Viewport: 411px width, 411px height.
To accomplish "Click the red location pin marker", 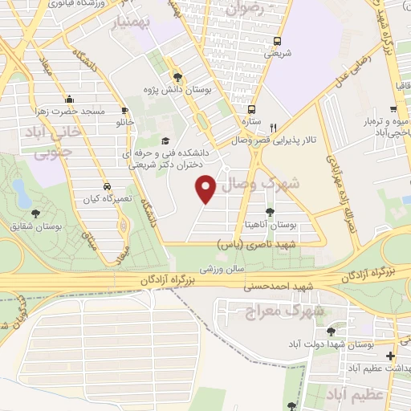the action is click(x=206, y=188).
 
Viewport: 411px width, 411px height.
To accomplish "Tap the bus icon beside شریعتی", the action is click(x=277, y=41).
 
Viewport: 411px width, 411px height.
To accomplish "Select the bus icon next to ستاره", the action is click(x=251, y=109).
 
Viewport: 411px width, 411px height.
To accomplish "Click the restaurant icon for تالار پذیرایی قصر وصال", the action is click(x=273, y=127).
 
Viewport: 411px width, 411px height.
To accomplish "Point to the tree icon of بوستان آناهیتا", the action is click(x=269, y=213).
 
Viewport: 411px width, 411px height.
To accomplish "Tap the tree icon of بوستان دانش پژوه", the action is click(x=177, y=77).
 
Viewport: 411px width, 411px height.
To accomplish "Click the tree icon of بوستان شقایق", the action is click(x=35, y=214).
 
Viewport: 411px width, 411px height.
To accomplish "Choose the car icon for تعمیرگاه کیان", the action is click(x=107, y=185).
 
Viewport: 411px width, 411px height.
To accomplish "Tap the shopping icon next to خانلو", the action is click(x=124, y=110).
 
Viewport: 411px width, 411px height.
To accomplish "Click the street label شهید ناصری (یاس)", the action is click(x=258, y=242).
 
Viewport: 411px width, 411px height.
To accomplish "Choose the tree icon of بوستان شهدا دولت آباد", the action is click(x=332, y=332).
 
